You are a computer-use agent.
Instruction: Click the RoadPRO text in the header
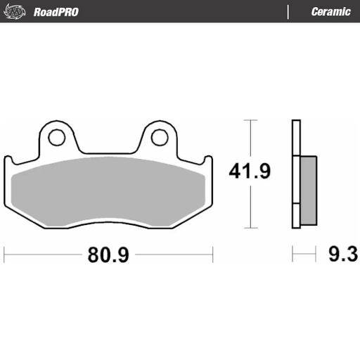coord(56,12)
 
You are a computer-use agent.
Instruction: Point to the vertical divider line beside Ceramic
coord(288,12)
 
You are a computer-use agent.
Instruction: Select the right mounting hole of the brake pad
coord(160,136)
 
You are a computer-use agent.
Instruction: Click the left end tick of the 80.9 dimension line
coord(5,252)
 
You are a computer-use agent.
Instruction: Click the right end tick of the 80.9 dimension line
coord(212,252)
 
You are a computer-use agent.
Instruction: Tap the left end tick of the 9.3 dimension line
coord(293,252)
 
